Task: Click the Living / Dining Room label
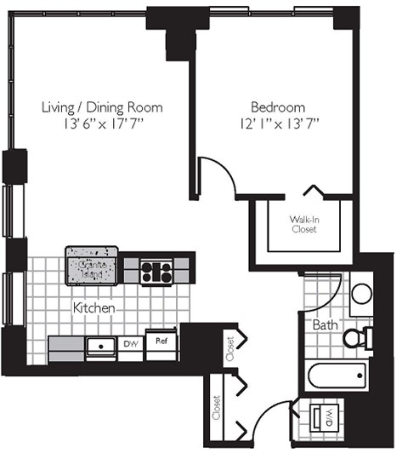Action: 102,108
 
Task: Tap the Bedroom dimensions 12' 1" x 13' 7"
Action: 278,124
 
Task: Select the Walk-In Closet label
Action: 304,224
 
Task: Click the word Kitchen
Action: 93,307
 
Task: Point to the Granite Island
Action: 92,267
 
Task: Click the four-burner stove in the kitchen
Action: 156,272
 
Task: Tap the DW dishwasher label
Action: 131,344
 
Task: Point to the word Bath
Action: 324,324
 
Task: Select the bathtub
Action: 337,375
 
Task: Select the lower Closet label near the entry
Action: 217,410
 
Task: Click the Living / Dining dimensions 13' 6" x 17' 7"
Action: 102,124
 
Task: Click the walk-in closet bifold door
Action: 312,191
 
